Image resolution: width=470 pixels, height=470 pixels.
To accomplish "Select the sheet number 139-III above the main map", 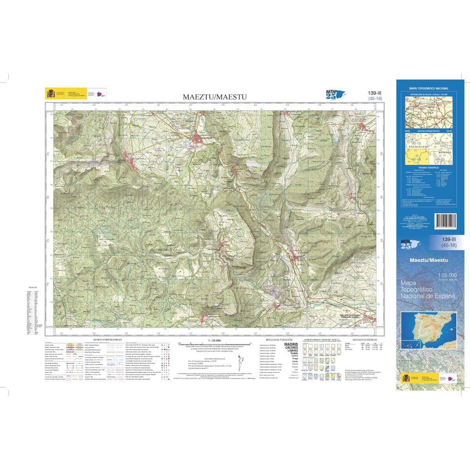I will pos(375,93).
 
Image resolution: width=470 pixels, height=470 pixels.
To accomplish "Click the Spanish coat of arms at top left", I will pos(51,94).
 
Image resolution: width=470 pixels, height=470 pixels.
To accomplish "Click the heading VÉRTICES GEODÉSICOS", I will pos(364,339).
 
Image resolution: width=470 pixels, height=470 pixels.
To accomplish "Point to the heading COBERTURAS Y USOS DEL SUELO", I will pos(324,339).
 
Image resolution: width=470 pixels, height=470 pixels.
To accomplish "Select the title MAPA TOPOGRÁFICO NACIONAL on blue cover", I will pos(429,89).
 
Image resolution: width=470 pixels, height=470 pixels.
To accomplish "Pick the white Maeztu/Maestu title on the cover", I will pos(428,260).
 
